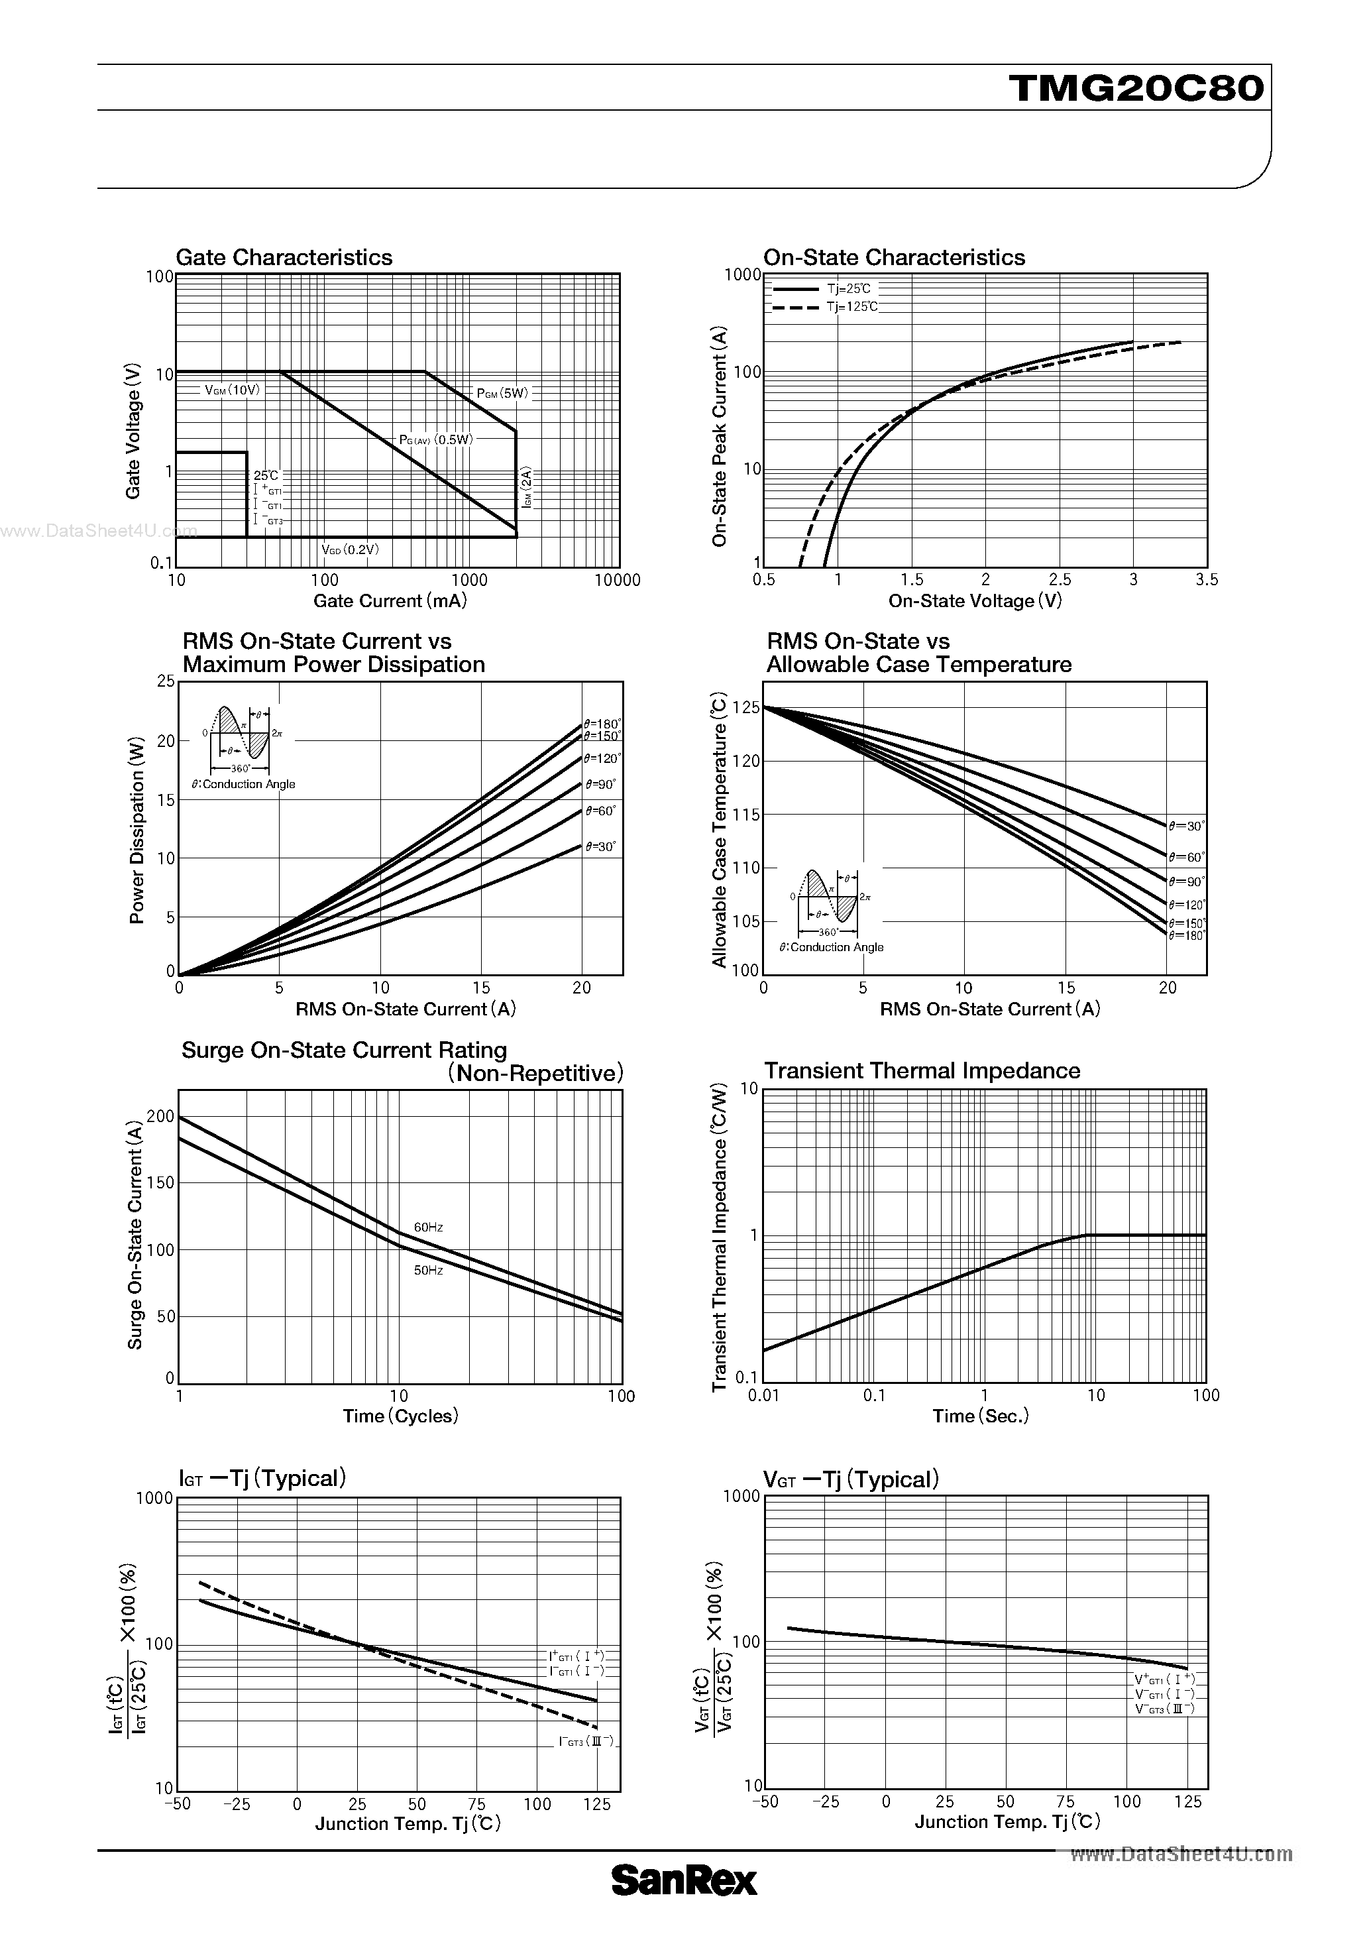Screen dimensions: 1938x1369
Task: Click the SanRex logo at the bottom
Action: [x=684, y=1904]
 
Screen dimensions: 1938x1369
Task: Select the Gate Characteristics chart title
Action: [x=284, y=257]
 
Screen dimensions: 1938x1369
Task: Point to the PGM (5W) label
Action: [x=502, y=393]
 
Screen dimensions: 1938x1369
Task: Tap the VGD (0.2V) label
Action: [x=351, y=549]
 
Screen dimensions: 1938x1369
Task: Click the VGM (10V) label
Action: [x=232, y=390]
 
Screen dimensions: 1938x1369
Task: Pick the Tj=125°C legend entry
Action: [x=851, y=306]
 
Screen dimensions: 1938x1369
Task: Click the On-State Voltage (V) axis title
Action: [x=975, y=601]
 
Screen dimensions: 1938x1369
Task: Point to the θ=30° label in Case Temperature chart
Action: [x=1187, y=826]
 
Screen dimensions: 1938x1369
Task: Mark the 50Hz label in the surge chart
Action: [x=428, y=1271]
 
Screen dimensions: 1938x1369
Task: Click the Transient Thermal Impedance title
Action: [x=922, y=1071]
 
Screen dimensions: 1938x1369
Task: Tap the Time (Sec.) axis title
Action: [x=981, y=1416]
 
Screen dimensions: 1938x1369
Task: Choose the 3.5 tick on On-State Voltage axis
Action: [x=1207, y=580]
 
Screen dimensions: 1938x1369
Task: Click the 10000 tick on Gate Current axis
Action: [x=617, y=581]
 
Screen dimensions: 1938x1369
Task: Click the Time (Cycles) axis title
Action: [x=400, y=1416]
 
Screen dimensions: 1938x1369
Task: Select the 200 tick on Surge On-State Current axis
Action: [x=160, y=1117]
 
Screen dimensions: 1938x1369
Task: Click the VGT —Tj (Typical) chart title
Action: [x=851, y=1479]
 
